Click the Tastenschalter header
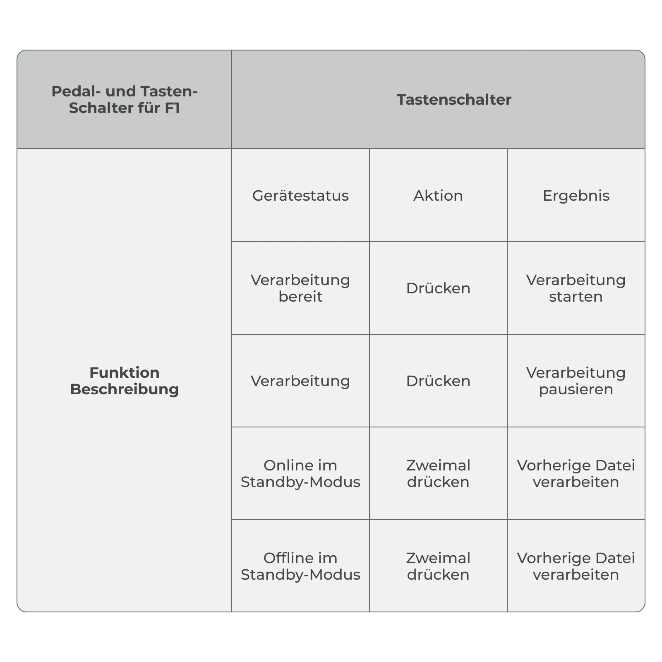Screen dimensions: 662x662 point(454,100)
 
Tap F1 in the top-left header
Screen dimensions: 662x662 point(173,108)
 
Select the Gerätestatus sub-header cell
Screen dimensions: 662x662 point(300,196)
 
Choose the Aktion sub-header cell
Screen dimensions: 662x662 point(438,196)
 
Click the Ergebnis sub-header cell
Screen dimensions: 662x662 point(576,196)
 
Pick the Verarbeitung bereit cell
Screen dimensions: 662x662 point(300,288)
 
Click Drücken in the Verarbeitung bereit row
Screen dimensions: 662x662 point(438,288)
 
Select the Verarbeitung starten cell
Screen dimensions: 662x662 point(576,288)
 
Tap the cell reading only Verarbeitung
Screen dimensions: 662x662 point(300,381)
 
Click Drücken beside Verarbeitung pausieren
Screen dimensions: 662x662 point(438,381)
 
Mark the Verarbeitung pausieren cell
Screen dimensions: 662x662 point(576,381)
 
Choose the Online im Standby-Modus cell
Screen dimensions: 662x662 point(300,474)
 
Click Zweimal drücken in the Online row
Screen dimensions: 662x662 point(438,474)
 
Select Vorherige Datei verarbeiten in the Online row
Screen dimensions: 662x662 point(576,474)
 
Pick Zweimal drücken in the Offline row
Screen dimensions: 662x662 point(438,566)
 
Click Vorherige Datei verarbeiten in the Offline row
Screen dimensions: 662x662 point(576,566)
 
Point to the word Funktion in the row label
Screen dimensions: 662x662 point(125,373)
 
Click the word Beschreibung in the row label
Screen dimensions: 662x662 point(125,389)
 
